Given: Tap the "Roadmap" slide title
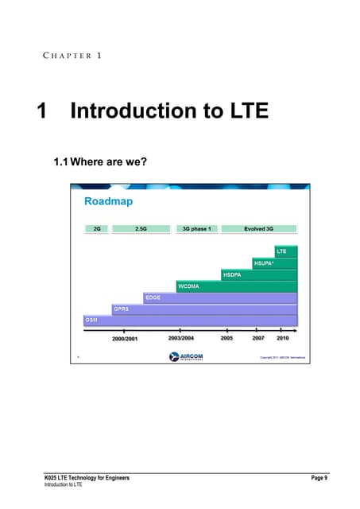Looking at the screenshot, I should point(109,202).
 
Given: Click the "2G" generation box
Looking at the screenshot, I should point(95,228).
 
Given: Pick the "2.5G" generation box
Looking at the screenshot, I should point(141,228).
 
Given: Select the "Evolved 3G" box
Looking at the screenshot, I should point(258,228).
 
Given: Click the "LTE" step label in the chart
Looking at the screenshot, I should point(281,251).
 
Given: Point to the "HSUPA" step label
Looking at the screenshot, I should point(265,262).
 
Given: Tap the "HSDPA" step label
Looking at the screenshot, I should point(232,274).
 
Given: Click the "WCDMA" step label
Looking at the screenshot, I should point(188,286).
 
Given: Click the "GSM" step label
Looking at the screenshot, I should point(91,319).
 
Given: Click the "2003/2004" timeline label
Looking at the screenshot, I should point(180,338).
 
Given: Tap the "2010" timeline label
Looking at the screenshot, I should point(282,338).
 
